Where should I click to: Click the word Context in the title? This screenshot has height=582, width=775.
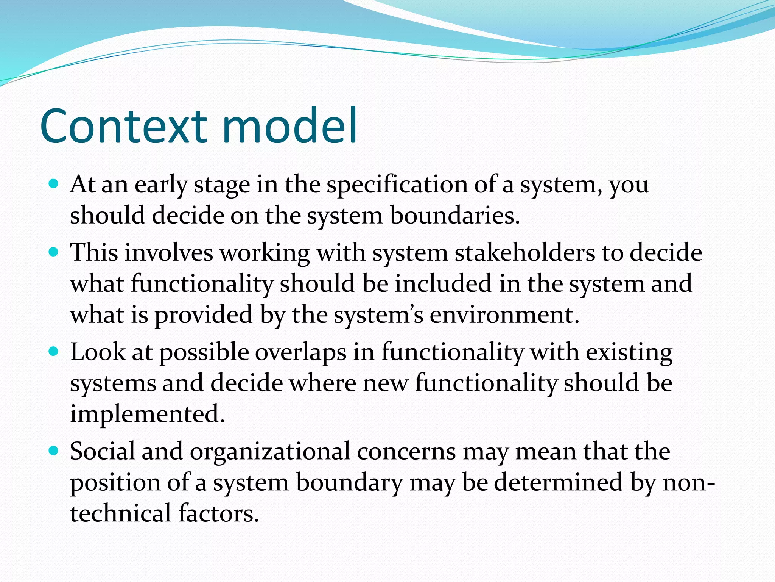click(x=123, y=127)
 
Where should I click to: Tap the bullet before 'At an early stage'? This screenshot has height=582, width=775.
click(x=54, y=184)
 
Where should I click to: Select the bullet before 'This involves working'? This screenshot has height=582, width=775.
click(x=54, y=252)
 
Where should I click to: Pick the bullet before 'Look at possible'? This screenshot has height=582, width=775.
click(x=54, y=352)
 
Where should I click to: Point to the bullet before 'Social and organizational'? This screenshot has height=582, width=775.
click(x=54, y=451)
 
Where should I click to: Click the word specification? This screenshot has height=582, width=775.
click(x=397, y=186)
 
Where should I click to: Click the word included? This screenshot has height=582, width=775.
click(x=443, y=284)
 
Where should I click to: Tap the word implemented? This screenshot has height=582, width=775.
click(x=148, y=414)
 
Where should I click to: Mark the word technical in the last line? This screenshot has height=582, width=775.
click(x=121, y=514)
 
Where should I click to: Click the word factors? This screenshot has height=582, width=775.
click(x=219, y=514)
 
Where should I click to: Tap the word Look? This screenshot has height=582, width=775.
click(x=98, y=352)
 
